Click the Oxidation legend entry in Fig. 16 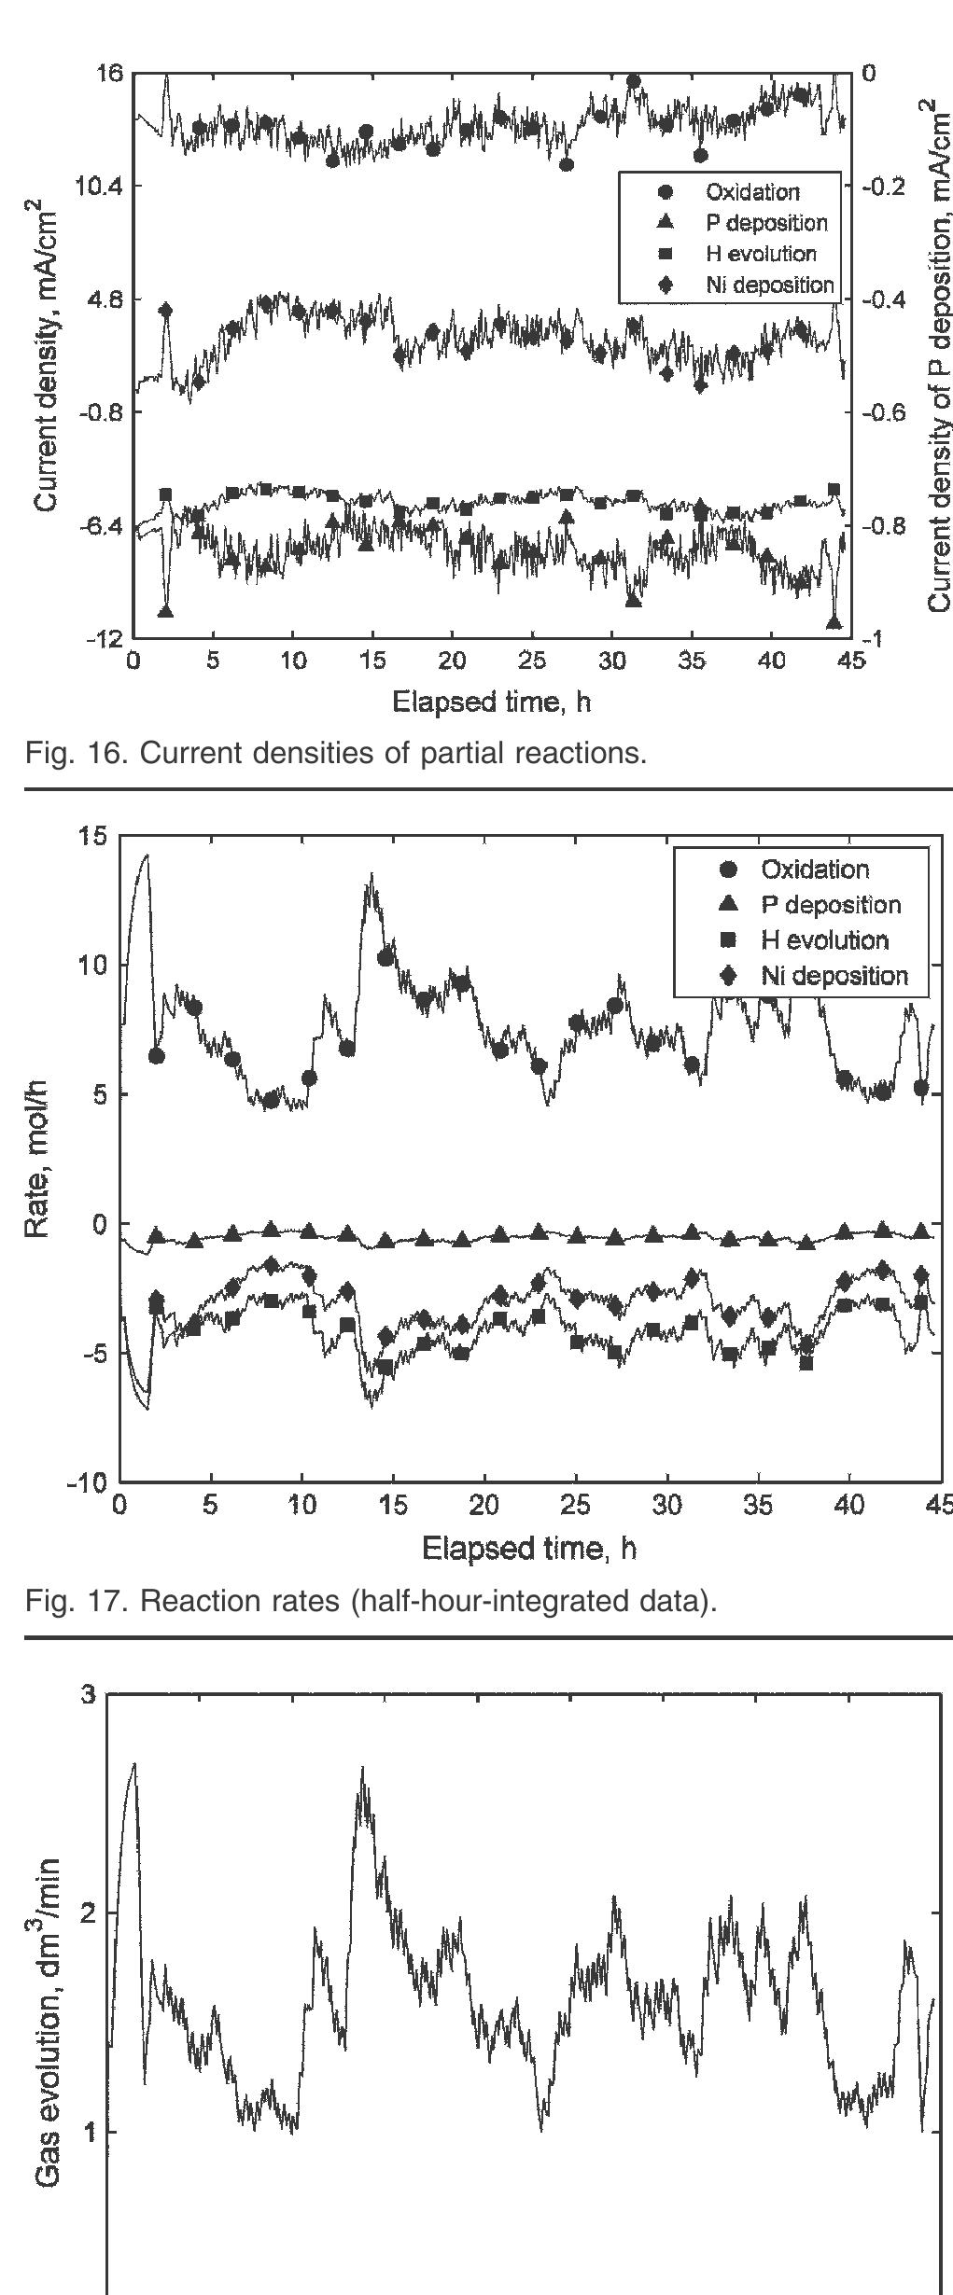click(x=752, y=192)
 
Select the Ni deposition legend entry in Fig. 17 click(x=834, y=976)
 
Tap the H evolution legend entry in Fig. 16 click(x=761, y=254)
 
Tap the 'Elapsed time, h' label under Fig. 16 click(x=491, y=701)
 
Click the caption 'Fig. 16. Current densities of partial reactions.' click(x=334, y=753)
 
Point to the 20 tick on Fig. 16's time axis click(x=452, y=661)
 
